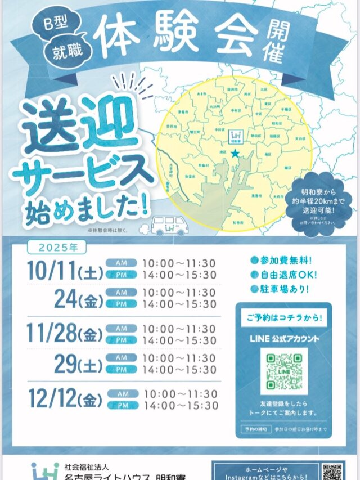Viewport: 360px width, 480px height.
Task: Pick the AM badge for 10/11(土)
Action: click(121, 263)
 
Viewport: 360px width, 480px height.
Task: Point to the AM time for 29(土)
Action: click(179, 358)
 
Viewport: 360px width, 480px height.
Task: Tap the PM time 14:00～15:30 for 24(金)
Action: click(179, 304)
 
